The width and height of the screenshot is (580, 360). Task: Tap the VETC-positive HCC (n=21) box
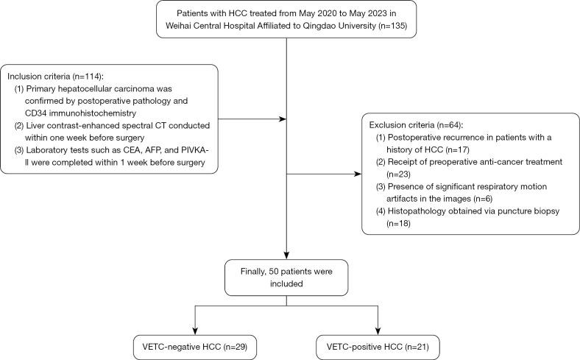coord(377,345)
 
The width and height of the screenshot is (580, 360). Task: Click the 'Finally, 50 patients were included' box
coord(286,278)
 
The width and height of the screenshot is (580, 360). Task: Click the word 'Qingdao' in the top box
coord(307,27)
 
